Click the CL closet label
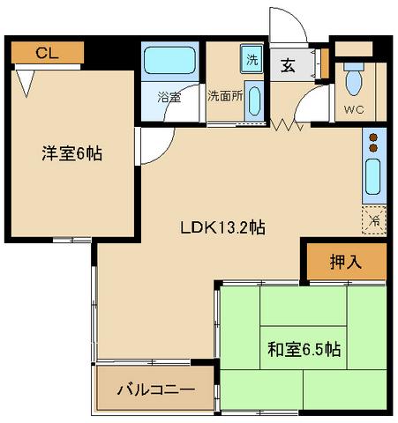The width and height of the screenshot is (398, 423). [47, 52]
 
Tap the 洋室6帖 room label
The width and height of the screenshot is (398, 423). [71, 153]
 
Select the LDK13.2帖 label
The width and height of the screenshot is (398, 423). [223, 226]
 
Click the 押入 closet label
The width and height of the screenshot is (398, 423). [345, 262]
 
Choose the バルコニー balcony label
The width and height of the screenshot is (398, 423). [156, 389]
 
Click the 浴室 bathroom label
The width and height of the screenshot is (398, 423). [169, 96]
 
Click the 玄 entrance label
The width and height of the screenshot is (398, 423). [289, 64]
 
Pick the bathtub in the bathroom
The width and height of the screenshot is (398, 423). [170, 62]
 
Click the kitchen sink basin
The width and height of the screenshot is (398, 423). [373, 180]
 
